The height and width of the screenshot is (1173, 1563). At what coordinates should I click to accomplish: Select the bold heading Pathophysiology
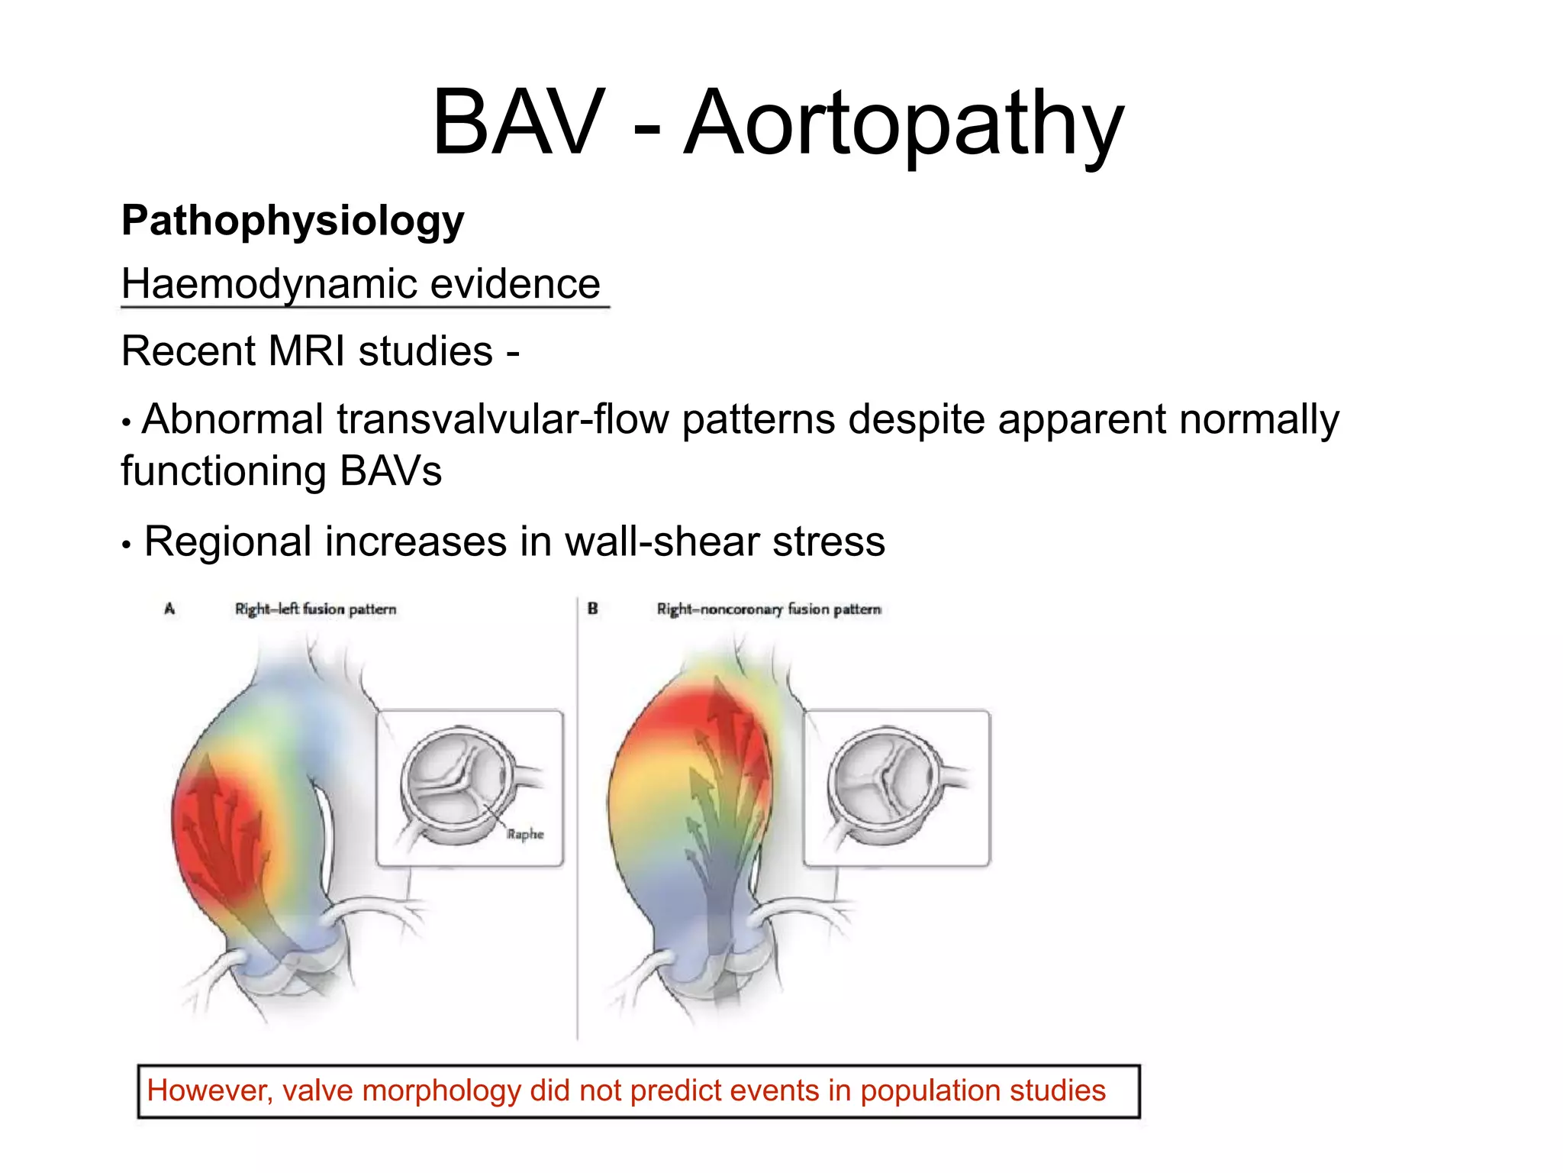click(292, 221)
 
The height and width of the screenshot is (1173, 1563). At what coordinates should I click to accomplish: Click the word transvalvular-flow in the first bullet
click(503, 420)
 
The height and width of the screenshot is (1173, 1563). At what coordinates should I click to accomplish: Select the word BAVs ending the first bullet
click(390, 471)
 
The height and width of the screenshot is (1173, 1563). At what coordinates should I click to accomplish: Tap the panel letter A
click(169, 609)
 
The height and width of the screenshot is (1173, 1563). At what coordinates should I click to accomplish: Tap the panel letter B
click(592, 609)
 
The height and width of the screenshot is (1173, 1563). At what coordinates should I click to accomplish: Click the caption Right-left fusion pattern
click(315, 609)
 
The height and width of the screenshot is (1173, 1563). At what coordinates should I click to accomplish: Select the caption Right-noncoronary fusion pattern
click(769, 609)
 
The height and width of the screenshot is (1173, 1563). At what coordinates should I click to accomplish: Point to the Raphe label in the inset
click(525, 834)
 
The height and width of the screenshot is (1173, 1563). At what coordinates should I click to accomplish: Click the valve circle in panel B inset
click(885, 784)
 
